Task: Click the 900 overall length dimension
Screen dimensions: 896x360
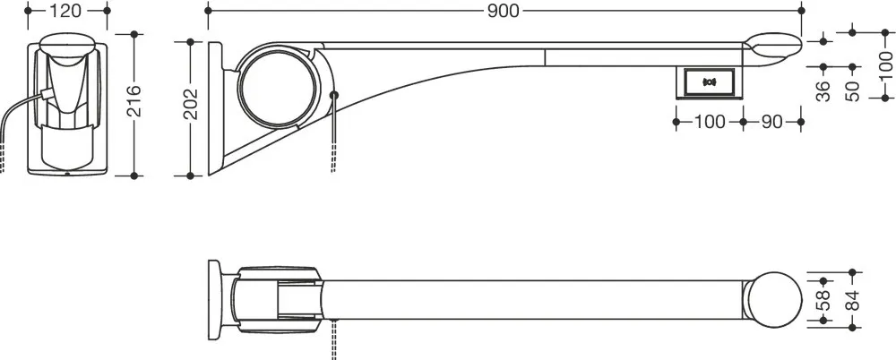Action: pyautogui.click(x=503, y=11)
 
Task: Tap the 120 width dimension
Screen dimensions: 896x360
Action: pyautogui.click(x=66, y=11)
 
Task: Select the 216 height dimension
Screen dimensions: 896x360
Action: pyautogui.click(x=134, y=101)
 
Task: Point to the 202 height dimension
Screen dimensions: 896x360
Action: pyautogui.click(x=190, y=103)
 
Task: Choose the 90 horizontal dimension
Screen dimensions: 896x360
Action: pyautogui.click(x=771, y=123)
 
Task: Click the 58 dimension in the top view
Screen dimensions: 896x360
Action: pyautogui.click(x=823, y=301)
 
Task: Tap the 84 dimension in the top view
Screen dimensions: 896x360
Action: pyautogui.click(x=852, y=301)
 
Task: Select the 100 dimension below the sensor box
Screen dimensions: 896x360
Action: pyautogui.click(x=709, y=123)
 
